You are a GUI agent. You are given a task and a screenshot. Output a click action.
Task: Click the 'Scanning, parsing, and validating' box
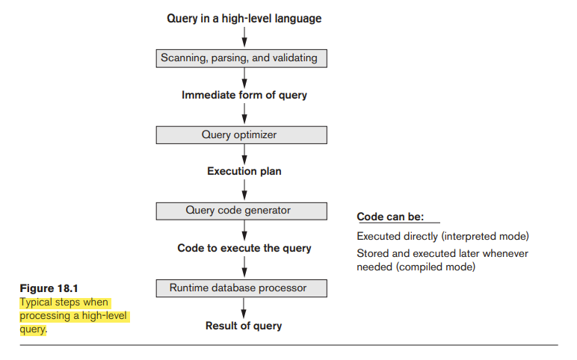pyautogui.click(x=241, y=58)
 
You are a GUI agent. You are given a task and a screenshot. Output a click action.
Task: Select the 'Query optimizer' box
pyautogui.click(x=241, y=135)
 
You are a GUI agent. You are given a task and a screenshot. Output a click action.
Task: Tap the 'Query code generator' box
pyautogui.click(x=241, y=211)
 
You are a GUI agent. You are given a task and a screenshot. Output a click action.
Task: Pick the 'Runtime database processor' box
pyautogui.click(x=241, y=288)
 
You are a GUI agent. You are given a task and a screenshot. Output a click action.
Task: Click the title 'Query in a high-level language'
pyautogui.click(x=244, y=18)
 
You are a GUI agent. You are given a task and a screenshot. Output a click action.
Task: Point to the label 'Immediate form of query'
pyautogui.click(x=244, y=96)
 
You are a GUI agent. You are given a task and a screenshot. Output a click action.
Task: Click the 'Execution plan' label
pyautogui.click(x=244, y=172)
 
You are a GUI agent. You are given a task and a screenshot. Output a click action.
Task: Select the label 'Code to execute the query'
pyautogui.click(x=244, y=248)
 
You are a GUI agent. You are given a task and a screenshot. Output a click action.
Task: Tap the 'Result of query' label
pyautogui.click(x=244, y=326)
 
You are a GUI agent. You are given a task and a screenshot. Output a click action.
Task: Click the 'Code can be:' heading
pyautogui.click(x=390, y=217)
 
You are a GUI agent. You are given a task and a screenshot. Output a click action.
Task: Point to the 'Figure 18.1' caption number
pyautogui.click(x=48, y=288)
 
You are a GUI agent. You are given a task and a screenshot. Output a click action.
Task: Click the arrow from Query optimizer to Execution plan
pyautogui.click(x=244, y=154)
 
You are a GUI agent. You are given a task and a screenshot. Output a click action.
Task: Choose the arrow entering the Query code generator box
pyautogui.click(x=244, y=191)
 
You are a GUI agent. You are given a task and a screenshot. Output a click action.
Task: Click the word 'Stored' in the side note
pyautogui.click(x=373, y=253)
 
